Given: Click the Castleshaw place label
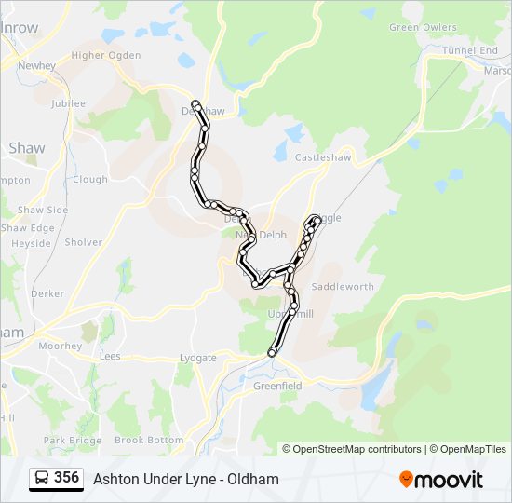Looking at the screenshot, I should coord(323,158).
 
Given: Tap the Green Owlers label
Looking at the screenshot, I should coord(416,27).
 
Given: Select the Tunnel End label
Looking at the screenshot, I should coord(470,50).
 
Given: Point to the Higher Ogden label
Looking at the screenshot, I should coord(106,55).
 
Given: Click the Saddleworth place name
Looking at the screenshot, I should coord(342,286).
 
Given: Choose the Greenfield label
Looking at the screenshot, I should coord(278,386).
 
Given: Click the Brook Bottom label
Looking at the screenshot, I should coord(149,440).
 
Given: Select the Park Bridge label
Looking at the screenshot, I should coord(72,440).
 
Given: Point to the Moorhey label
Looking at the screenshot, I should coord(61,346).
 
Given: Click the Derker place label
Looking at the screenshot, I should coord(47,293).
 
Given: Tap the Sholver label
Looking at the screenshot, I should coord(84,242).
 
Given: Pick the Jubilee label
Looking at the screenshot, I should coord(69,103).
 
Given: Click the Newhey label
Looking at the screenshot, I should coord(37,66).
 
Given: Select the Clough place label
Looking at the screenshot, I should coord(90,180).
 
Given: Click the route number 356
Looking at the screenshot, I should coord(66,478).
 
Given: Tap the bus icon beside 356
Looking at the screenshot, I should coord(43,479).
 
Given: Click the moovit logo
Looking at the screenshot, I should coord(441,480).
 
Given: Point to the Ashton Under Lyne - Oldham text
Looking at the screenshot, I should coord(186,480).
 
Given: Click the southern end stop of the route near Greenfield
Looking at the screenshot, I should coord(272,352).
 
